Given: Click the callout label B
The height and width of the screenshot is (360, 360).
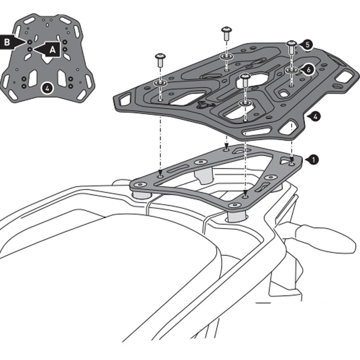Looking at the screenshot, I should click(8, 41).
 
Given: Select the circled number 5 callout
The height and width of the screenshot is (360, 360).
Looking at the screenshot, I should click(307, 45).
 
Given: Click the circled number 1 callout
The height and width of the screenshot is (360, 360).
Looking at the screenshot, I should click(313, 159).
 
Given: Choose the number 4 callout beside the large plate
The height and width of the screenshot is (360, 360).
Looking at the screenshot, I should click(316, 117).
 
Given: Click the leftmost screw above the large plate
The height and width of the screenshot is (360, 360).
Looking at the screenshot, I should click(160, 59).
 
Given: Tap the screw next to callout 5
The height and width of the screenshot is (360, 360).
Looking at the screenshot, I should click(292, 46).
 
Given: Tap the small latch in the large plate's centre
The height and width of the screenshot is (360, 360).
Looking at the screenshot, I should click(203, 104).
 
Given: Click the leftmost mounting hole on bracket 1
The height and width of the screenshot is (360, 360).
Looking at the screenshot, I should click(139, 184).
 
